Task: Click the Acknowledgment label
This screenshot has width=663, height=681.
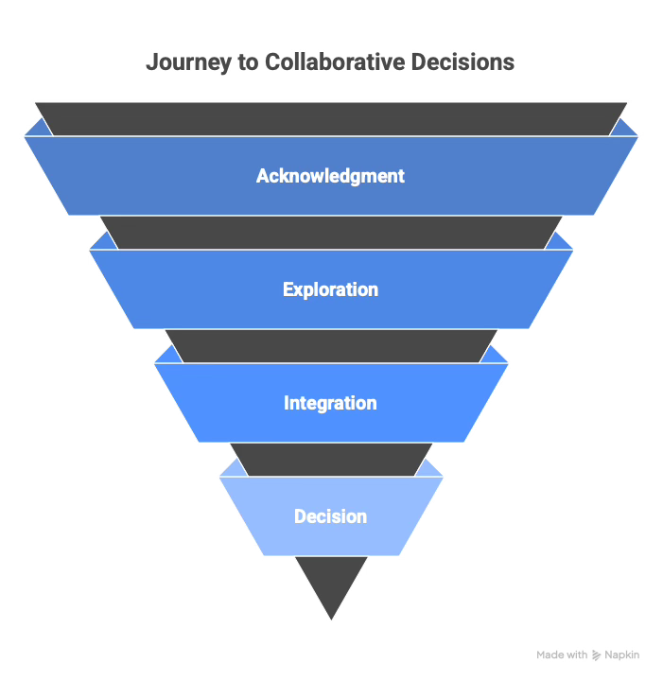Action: (331, 176)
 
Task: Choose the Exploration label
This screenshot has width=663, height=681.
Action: (331, 289)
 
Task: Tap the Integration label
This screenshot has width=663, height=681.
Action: (331, 403)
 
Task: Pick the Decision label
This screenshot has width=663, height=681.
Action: (331, 516)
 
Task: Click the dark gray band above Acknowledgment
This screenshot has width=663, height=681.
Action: (331, 118)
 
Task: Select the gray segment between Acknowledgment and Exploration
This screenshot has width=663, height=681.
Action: (331, 233)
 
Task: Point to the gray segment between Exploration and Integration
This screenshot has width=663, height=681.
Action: (331, 346)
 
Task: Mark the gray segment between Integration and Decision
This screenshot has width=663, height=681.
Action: (331, 460)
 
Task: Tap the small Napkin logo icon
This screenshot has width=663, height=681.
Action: (597, 655)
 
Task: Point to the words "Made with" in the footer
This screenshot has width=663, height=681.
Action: (562, 655)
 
